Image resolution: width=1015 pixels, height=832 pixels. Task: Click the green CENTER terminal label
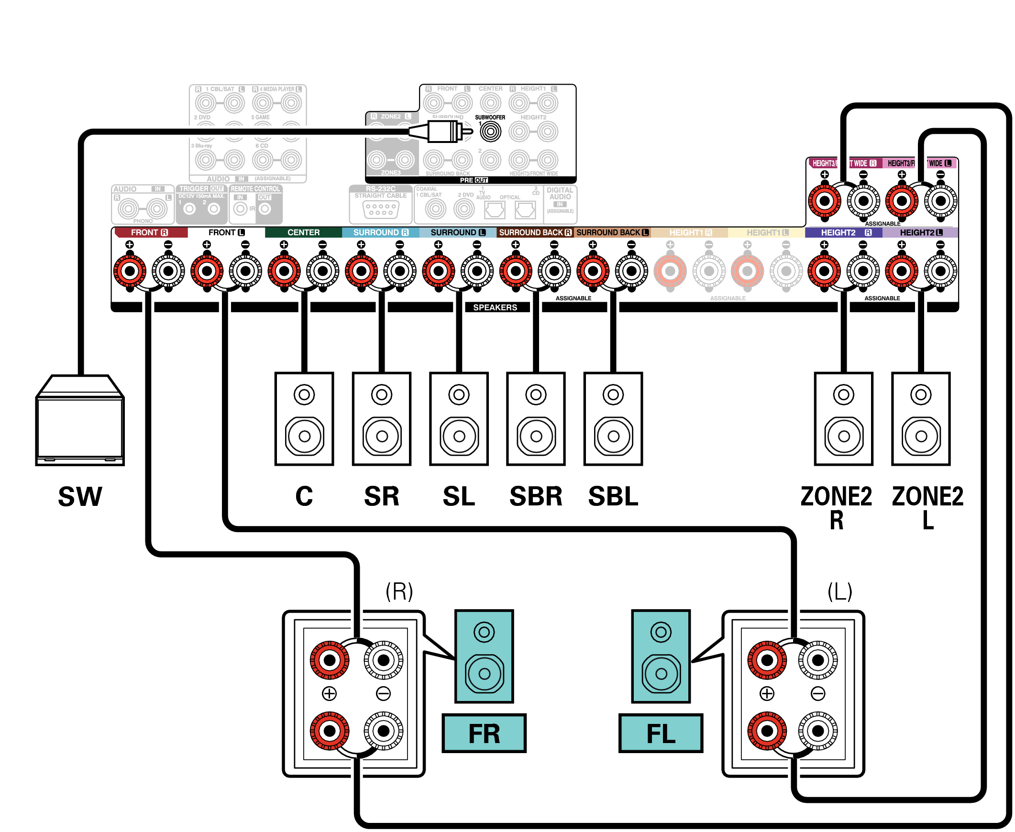click(303, 232)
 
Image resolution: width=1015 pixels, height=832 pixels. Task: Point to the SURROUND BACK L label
click(612, 232)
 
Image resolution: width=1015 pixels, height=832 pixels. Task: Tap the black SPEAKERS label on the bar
click(495, 307)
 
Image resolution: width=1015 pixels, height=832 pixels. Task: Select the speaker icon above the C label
click(304, 418)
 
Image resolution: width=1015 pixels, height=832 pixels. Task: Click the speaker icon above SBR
click(536, 418)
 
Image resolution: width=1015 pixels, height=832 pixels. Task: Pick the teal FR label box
click(484, 733)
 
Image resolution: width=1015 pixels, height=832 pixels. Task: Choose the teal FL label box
click(660, 733)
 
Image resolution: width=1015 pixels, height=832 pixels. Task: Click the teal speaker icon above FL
click(661, 656)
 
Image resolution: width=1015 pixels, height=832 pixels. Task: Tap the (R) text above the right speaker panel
click(399, 591)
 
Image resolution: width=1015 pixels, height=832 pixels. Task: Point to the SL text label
click(458, 496)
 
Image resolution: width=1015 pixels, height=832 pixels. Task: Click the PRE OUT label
click(473, 180)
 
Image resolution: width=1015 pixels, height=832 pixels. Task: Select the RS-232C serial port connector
click(381, 209)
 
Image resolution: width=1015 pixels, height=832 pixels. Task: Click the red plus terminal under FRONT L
click(207, 271)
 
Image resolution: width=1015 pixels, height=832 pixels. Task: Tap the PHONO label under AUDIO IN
click(143, 221)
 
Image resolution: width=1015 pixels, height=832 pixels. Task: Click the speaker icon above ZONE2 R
click(843, 418)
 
